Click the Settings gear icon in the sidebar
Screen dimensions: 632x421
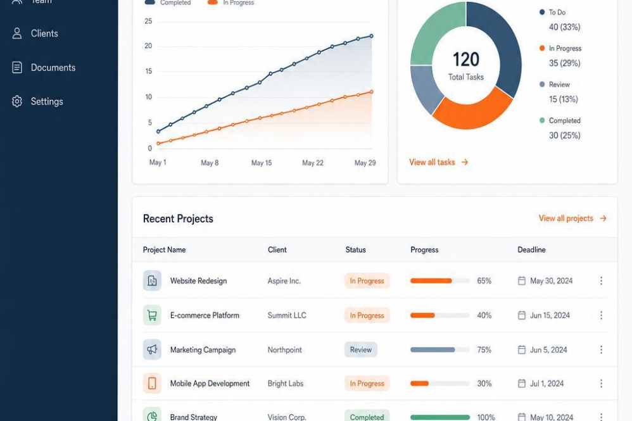pyautogui.click(x=17, y=101)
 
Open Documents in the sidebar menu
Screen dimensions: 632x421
pyautogui.click(x=53, y=68)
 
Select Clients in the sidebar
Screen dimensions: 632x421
pyautogui.click(x=44, y=34)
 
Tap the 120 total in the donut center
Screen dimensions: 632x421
pyautogui.click(x=466, y=60)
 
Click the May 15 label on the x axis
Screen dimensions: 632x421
pyautogui.click(x=262, y=163)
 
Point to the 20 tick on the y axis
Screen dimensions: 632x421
pyautogui.click(x=148, y=46)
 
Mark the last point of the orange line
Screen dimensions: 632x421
pyautogui.click(x=371, y=92)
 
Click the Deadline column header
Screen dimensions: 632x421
pyautogui.click(x=531, y=250)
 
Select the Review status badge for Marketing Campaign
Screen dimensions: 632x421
pyautogui.click(x=361, y=349)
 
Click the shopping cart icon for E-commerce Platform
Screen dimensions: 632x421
pyautogui.click(x=152, y=315)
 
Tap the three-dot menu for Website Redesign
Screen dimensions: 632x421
pyautogui.click(x=601, y=281)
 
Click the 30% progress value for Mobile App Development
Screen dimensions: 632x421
pyautogui.click(x=484, y=384)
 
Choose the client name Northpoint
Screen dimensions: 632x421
pyautogui.click(x=284, y=349)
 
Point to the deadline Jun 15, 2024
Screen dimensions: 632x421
pyautogui.click(x=550, y=315)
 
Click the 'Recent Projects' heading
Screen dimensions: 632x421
pyautogui.click(x=178, y=219)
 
